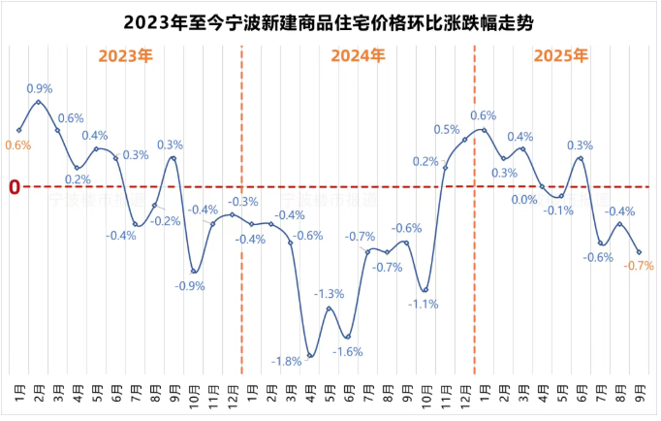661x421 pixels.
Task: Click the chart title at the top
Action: tap(330, 20)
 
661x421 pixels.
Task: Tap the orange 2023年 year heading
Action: tap(126, 56)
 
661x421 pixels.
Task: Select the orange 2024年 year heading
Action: tap(357, 56)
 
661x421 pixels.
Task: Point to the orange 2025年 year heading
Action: tap(561, 56)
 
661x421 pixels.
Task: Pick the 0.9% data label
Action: tap(40, 88)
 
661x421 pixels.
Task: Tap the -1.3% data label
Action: tap(329, 294)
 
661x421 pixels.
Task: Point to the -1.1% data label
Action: tap(423, 304)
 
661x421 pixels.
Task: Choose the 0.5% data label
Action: tap(447, 129)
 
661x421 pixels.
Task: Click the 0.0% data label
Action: tap(524, 200)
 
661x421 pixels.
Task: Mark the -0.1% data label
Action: tap(558, 210)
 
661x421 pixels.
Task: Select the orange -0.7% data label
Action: tap(640, 266)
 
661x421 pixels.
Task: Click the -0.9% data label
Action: tap(189, 286)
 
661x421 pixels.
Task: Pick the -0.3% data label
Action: tap(243, 202)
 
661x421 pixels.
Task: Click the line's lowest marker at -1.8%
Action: tap(310, 356)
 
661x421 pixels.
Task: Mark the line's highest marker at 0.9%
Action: tap(39, 102)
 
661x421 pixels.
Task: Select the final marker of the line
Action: tap(639, 252)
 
